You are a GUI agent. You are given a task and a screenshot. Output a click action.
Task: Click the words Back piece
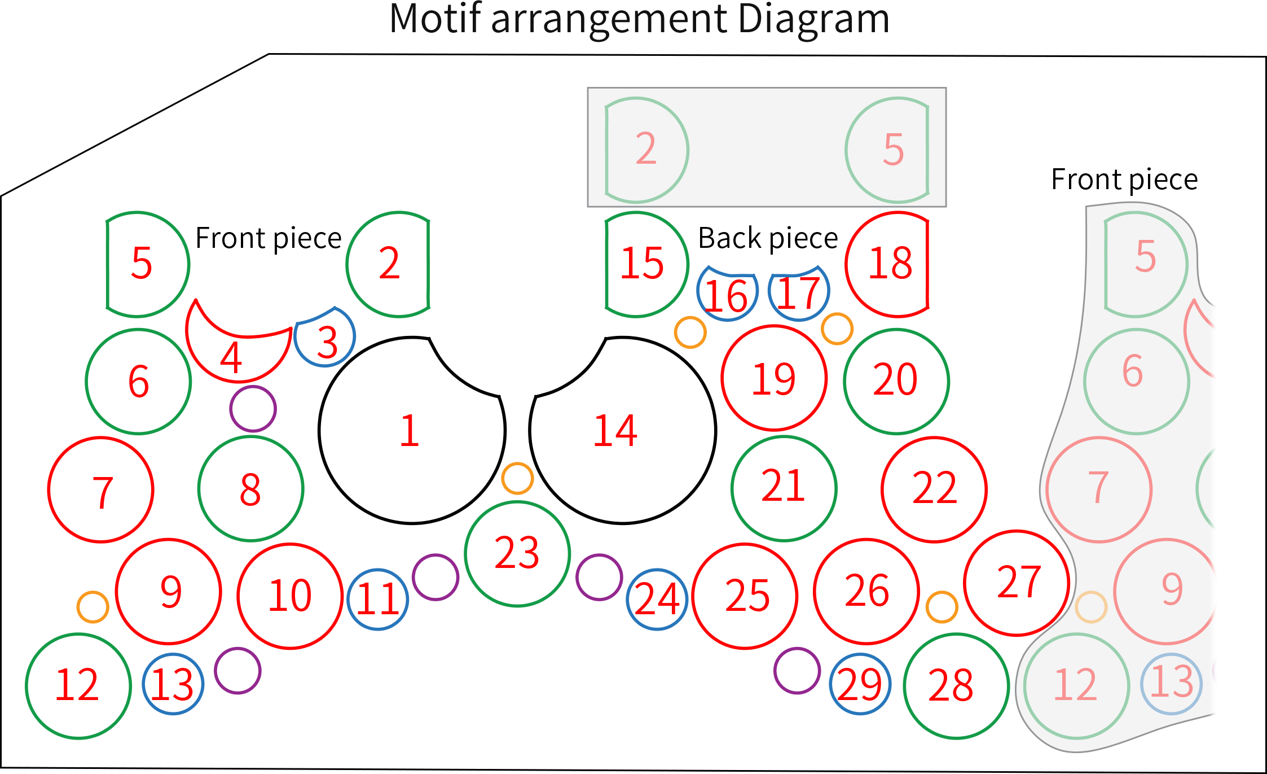pos(768,238)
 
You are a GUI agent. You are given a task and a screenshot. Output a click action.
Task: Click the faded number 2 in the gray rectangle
pos(646,148)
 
